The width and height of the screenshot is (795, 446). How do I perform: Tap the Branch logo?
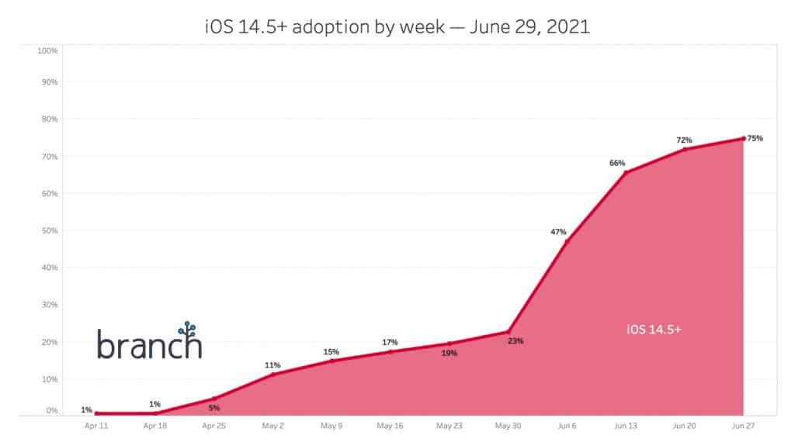point(150,342)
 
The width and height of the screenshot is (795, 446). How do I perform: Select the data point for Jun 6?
point(567,243)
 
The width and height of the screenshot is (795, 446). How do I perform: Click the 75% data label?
point(755,138)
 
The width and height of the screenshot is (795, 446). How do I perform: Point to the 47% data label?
point(558,232)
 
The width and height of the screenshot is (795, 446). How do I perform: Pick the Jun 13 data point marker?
point(626,172)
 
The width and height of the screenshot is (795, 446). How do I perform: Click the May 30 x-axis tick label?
point(508,426)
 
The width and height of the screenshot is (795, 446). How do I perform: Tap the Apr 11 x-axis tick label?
point(95,426)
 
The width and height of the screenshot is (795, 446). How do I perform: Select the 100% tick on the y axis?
point(48,51)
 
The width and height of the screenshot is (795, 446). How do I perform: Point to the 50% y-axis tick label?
point(48,231)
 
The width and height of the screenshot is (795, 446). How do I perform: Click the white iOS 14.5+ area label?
point(654,329)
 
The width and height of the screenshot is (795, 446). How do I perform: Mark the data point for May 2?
point(273,375)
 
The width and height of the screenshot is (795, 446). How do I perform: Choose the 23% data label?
point(516,341)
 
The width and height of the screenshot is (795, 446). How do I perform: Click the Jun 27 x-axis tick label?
point(743,426)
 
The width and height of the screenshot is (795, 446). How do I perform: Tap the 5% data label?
point(214,408)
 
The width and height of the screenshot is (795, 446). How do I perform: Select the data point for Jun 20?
point(685,150)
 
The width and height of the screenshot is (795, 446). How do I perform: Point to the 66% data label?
point(617,163)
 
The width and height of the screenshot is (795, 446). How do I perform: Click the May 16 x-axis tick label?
point(390,426)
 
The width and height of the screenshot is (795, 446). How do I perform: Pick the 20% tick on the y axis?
point(48,342)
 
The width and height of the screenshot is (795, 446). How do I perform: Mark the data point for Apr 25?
point(214,399)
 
